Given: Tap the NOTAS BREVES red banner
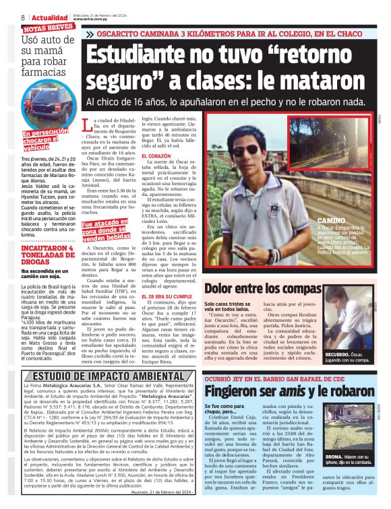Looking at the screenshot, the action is point(47,29).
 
